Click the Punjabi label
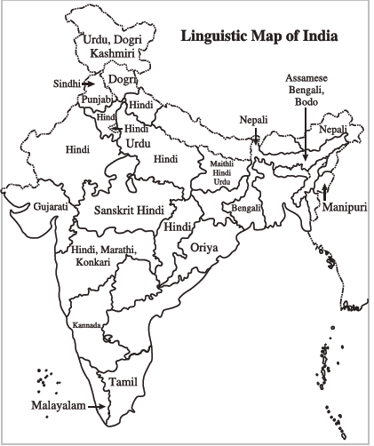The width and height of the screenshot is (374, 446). click(98, 100)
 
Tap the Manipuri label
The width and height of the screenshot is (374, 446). click(346, 207)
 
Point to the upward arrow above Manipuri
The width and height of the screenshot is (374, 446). click(325, 191)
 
